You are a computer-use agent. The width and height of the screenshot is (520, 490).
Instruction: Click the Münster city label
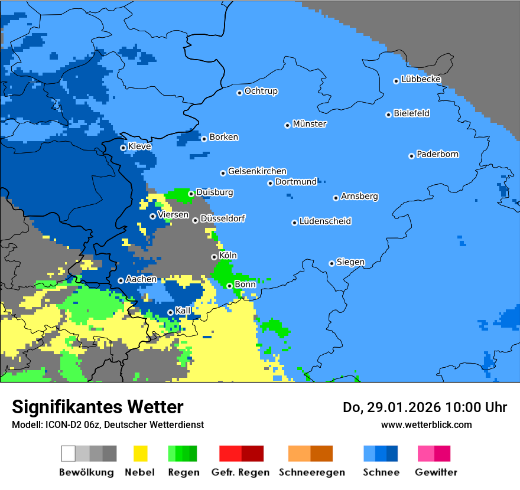310,124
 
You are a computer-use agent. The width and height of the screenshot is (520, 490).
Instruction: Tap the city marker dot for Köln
214,257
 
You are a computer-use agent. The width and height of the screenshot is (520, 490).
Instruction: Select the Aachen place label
141,279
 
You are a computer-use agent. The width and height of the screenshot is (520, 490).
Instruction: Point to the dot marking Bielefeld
389,115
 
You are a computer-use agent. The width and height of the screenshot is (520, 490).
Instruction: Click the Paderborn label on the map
437,155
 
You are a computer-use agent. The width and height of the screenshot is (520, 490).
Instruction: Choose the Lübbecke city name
421,79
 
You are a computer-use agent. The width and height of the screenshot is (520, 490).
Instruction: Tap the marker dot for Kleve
123,148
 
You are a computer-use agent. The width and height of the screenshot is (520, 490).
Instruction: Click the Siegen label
350,262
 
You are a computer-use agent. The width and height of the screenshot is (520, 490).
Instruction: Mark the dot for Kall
170,312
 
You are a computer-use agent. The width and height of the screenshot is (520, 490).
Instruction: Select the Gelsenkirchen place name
257,171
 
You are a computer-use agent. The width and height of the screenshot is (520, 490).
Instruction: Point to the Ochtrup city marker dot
240,93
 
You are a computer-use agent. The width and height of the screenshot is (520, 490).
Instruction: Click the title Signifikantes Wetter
97,407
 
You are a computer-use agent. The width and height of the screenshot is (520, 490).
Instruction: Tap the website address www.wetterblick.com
426,424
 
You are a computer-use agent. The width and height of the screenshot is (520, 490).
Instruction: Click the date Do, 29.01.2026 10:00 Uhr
424,407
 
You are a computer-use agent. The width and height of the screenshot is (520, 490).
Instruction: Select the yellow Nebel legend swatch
141,453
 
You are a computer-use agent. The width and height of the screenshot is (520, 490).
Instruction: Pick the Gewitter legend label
435,472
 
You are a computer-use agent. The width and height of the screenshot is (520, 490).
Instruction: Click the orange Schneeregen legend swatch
299,453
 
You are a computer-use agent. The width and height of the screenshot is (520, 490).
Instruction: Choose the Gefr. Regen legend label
240,472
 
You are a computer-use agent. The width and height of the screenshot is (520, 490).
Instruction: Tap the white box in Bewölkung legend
69,453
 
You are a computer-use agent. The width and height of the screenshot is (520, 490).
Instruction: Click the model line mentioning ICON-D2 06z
108,424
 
